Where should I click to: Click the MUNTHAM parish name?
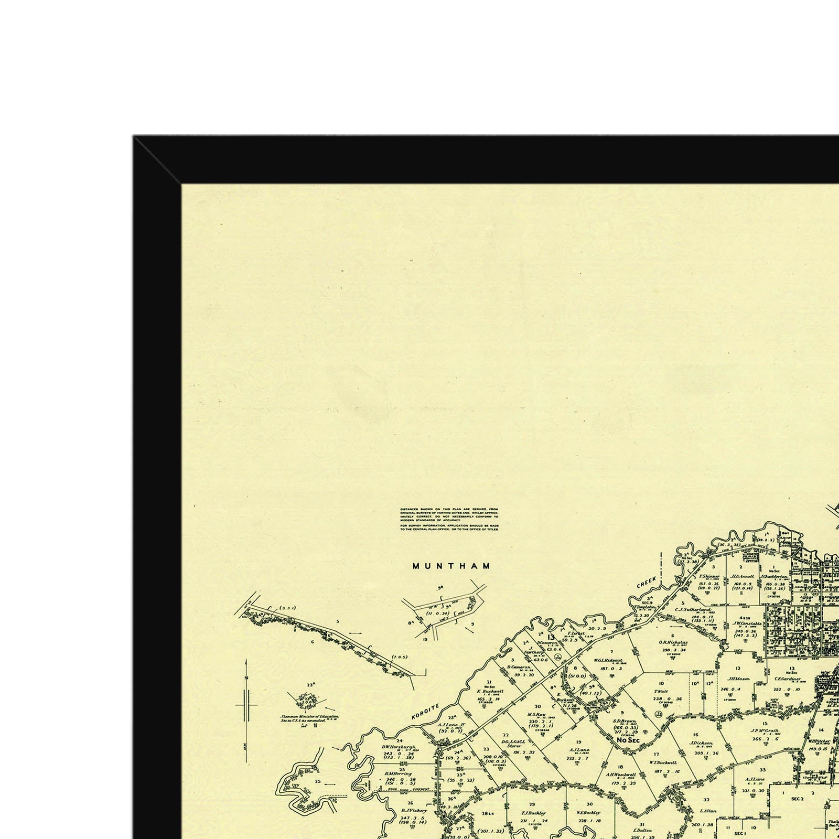pyautogui.click(x=451, y=566)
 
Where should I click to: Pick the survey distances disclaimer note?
pyautogui.click(x=449, y=519)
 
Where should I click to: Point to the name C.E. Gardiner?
pyautogui.click(x=788, y=678)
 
